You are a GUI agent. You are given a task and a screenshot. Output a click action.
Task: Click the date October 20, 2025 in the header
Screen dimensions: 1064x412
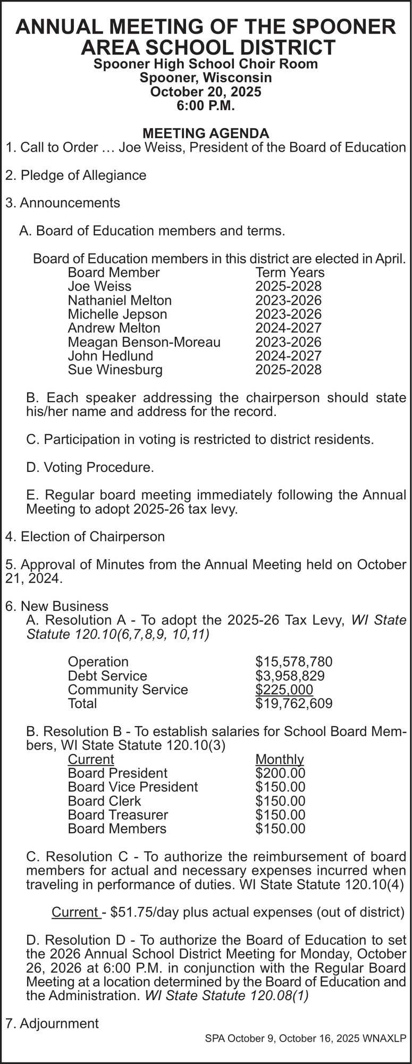pyautogui.click(x=206, y=92)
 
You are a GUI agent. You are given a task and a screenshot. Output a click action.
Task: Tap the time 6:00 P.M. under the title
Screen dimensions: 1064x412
pyautogui.click(x=206, y=105)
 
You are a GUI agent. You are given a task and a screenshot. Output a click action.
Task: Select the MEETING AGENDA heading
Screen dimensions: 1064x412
pyautogui.click(x=206, y=133)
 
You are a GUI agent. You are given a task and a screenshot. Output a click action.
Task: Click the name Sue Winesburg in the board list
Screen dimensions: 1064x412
pyautogui.click(x=115, y=370)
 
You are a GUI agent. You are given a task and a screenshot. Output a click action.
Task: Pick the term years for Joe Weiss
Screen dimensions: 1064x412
pyautogui.click(x=288, y=286)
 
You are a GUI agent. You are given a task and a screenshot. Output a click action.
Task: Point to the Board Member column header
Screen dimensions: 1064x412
pyautogui.click(x=114, y=272)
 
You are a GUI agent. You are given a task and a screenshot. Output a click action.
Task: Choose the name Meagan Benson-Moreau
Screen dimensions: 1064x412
pyautogui.click(x=144, y=342)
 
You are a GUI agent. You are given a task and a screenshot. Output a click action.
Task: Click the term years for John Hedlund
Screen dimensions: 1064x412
pyautogui.click(x=288, y=356)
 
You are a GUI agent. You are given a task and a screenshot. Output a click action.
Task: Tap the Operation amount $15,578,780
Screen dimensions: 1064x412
pyautogui.click(x=293, y=662)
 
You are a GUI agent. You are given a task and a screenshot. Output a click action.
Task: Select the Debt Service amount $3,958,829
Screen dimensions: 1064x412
pyautogui.click(x=290, y=676)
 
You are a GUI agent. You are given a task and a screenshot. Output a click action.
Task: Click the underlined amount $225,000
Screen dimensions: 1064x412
pyautogui.click(x=284, y=689)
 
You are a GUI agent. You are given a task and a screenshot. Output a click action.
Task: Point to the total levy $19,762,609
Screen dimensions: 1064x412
pyautogui.click(x=293, y=703)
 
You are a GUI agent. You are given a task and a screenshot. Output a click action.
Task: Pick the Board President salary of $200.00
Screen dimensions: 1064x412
pyautogui.click(x=280, y=773)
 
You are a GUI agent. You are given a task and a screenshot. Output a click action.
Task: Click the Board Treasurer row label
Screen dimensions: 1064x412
pyautogui.click(x=118, y=814)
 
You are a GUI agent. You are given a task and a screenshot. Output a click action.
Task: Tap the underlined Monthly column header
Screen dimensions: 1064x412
pyautogui.click(x=280, y=759)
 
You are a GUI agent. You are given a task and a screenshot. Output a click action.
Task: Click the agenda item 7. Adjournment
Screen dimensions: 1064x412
pyautogui.click(x=52, y=1023)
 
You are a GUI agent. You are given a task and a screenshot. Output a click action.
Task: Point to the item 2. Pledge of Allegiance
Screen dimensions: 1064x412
pyautogui.click(x=75, y=175)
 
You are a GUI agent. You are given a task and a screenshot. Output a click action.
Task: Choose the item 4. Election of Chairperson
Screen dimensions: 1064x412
pyautogui.click(x=85, y=536)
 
